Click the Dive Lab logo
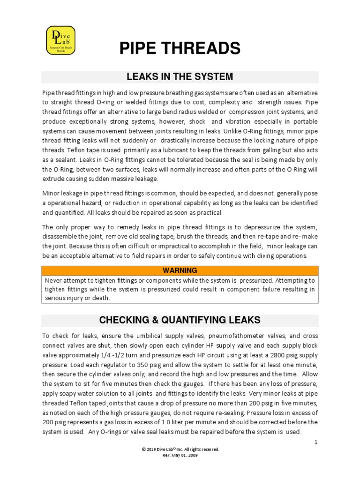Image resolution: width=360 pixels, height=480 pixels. click(60, 40)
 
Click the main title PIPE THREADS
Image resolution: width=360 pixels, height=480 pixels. click(180, 48)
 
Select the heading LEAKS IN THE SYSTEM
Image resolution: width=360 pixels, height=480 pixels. click(180, 77)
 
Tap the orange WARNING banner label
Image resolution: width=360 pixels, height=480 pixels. click(180, 270)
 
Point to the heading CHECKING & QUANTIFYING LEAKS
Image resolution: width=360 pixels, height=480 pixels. click(180, 320)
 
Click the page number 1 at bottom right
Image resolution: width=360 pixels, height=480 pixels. click(316, 442)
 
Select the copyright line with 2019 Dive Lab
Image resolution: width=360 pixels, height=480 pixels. click(180, 449)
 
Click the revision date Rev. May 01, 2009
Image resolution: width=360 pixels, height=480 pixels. click(180, 455)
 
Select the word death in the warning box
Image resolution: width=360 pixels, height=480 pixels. click(99, 298)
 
